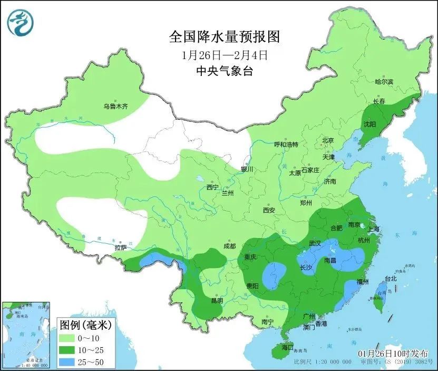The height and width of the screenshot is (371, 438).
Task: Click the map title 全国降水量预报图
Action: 223,37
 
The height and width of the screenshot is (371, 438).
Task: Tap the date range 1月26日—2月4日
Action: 223,55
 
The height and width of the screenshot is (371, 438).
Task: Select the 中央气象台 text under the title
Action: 223,71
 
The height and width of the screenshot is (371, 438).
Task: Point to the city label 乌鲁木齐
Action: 115,107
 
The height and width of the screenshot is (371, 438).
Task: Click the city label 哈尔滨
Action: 384,82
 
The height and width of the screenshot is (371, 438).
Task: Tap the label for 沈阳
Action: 369,125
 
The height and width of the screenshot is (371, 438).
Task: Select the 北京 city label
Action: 328,140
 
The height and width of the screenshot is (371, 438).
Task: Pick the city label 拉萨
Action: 120,247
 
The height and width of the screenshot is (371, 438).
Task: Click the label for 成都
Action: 229,246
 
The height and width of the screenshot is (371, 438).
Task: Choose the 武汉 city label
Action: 315,243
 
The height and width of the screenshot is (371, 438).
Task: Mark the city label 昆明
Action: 217,300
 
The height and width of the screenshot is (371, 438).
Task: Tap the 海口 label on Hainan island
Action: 287,347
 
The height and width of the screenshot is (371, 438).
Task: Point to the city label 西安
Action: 269,210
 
